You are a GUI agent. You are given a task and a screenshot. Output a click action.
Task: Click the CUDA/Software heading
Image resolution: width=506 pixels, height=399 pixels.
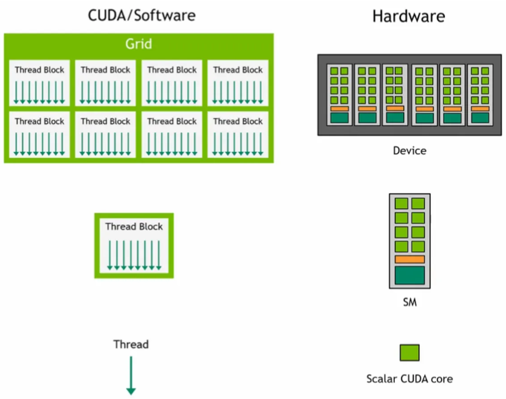click(x=142, y=15)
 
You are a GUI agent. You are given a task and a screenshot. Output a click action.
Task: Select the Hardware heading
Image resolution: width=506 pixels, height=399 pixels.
click(x=408, y=16)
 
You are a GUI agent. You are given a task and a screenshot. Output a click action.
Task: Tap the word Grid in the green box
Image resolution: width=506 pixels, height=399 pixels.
click(x=138, y=44)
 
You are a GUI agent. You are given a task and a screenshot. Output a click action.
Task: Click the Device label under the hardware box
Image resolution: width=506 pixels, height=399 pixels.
click(x=409, y=151)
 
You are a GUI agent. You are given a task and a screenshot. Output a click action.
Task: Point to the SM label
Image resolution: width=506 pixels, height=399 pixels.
click(x=409, y=303)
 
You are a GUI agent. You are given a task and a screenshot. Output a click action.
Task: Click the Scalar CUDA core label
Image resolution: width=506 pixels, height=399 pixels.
click(x=409, y=379)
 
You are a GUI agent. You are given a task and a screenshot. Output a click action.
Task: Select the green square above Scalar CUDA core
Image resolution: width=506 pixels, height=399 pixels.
click(x=409, y=352)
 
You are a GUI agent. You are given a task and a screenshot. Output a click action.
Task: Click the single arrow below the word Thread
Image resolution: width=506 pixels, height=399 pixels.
click(x=131, y=375)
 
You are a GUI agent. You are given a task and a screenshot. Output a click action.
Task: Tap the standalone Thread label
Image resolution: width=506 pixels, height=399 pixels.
click(x=131, y=344)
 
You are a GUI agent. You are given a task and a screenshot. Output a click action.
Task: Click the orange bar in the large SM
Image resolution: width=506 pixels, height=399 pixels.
click(x=410, y=260)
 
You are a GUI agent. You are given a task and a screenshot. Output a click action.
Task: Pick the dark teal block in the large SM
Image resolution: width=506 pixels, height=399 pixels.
click(x=410, y=275)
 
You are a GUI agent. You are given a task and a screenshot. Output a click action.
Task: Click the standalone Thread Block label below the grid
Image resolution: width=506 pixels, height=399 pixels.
click(x=134, y=226)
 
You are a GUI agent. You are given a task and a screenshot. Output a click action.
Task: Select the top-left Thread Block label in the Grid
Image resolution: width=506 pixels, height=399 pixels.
click(x=39, y=70)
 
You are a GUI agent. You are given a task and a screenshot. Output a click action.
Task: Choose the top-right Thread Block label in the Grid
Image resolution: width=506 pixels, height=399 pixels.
click(x=238, y=70)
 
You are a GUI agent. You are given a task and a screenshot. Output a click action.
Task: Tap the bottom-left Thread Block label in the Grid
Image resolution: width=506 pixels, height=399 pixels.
click(x=39, y=121)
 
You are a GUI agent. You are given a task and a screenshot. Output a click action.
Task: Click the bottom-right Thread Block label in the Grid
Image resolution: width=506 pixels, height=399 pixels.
click(x=238, y=121)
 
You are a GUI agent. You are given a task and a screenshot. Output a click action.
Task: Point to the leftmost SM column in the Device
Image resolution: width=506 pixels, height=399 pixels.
click(x=339, y=94)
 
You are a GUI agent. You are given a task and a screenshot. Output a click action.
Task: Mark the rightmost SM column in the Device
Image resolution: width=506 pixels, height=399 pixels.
click(x=480, y=94)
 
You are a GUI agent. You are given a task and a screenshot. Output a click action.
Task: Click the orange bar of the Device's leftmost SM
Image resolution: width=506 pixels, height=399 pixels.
click(x=339, y=109)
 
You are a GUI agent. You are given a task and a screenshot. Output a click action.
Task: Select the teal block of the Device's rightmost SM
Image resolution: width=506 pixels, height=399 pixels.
click(x=480, y=118)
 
